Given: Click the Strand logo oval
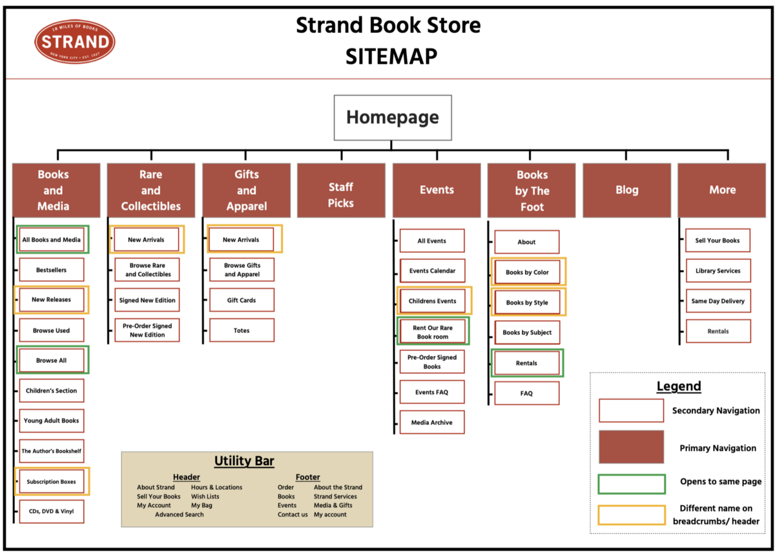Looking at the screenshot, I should (x=75, y=42).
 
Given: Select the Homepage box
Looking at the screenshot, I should (x=392, y=117).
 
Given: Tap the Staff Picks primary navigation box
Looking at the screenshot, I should (x=340, y=190).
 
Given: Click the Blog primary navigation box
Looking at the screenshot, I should (x=626, y=190).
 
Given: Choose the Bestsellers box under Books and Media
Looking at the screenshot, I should (x=52, y=270).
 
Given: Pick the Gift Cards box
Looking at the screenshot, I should (x=242, y=300).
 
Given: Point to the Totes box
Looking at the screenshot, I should (x=242, y=330).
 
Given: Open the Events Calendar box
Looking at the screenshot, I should (x=432, y=271).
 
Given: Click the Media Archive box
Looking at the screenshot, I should (x=432, y=422).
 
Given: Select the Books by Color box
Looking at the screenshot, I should (x=527, y=272).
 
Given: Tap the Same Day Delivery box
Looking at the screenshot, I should (x=718, y=301).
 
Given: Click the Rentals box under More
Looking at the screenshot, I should (x=718, y=331).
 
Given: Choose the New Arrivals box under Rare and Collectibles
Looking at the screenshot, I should (x=146, y=239).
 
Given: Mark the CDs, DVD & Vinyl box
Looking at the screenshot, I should (x=52, y=511).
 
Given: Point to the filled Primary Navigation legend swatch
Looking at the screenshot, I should (x=632, y=447).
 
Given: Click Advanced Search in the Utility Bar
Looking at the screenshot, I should (x=179, y=514).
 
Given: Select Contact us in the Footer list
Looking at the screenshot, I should (x=293, y=514).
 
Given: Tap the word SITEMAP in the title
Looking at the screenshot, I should (x=391, y=57).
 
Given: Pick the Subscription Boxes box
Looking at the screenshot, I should (x=52, y=482).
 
